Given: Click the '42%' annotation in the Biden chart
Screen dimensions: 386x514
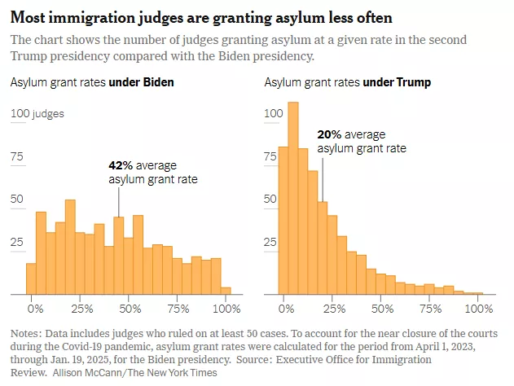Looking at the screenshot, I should [x=121, y=165].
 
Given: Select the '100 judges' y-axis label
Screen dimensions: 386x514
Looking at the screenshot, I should [x=37, y=114].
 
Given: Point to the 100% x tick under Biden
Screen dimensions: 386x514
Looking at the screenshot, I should [x=226, y=309].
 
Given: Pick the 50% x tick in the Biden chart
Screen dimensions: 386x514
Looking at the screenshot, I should [x=129, y=309].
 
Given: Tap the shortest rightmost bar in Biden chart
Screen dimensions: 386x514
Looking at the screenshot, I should [x=226, y=290].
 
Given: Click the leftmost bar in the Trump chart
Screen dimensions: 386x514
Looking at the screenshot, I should [x=283, y=220].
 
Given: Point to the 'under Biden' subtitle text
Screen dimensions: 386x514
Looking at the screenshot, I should [x=147, y=82].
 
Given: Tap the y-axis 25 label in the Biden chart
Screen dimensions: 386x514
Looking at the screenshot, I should [x=17, y=242].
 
